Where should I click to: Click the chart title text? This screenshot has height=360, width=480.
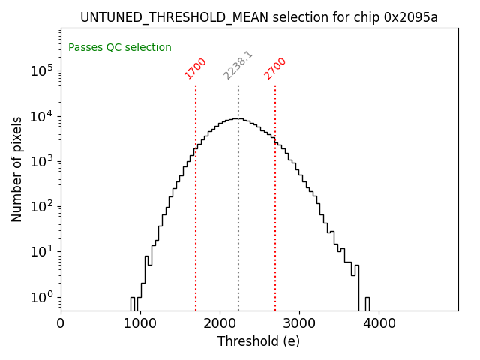coord(259,17)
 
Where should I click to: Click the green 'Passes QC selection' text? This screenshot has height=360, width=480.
coord(120,48)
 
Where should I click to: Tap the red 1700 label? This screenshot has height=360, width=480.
coord(195,68)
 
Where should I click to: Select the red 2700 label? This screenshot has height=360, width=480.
coord(275,68)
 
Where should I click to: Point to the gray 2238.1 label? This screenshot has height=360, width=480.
coord(238,65)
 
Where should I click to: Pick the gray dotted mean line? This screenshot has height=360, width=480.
coord(238,225)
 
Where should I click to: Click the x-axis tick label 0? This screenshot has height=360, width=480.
coord(61,324)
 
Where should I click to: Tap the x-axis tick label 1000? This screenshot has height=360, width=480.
coord(140,324)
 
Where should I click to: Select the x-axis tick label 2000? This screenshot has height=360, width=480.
coord(220,324)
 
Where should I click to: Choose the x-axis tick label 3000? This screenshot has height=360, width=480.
coord(299,324)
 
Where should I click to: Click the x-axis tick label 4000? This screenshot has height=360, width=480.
coord(379,324)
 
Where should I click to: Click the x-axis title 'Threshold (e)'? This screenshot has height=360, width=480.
coord(259,341)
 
